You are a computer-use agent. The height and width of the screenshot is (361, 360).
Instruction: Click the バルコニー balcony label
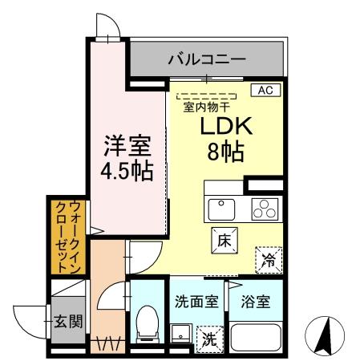pyautogui.click(x=206, y=59)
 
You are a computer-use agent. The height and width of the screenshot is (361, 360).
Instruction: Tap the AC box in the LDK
pyautogui.click(x=265, y=91)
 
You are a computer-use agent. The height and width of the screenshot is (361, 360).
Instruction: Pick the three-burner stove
pyautogui.click(x=263, y=209)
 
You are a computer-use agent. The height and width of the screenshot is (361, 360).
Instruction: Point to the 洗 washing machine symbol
pyautogui.click(x=209, y=339)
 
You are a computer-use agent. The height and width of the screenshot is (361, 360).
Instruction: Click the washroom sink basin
pyautogui.click(x=180, y=333)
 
